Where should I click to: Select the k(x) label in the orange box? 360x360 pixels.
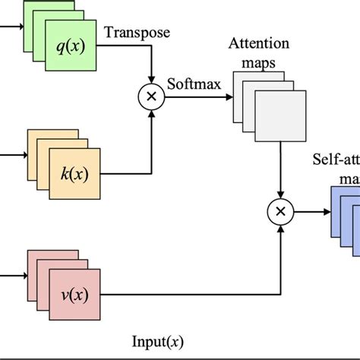(74, 174)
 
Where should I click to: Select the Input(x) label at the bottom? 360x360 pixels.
(158, 342)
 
